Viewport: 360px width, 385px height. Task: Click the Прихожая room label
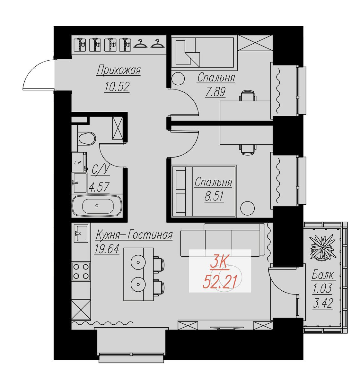pos(119,70)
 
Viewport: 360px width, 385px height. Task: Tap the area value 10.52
pos(117,87)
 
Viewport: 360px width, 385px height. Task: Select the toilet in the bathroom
pos(87,138)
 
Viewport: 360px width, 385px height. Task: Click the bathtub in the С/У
pos(97,206)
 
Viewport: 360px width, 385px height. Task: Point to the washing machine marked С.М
pos(79,162)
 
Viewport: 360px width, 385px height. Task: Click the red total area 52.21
pos(220,282)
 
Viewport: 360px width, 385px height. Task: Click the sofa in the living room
pos(223,240)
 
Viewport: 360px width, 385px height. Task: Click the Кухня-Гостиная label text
pos(134,235)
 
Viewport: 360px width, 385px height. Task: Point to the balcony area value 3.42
pos(323,303)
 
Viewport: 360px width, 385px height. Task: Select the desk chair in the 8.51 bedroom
pos(248,149)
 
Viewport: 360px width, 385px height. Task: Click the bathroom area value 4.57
pos(99,187)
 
